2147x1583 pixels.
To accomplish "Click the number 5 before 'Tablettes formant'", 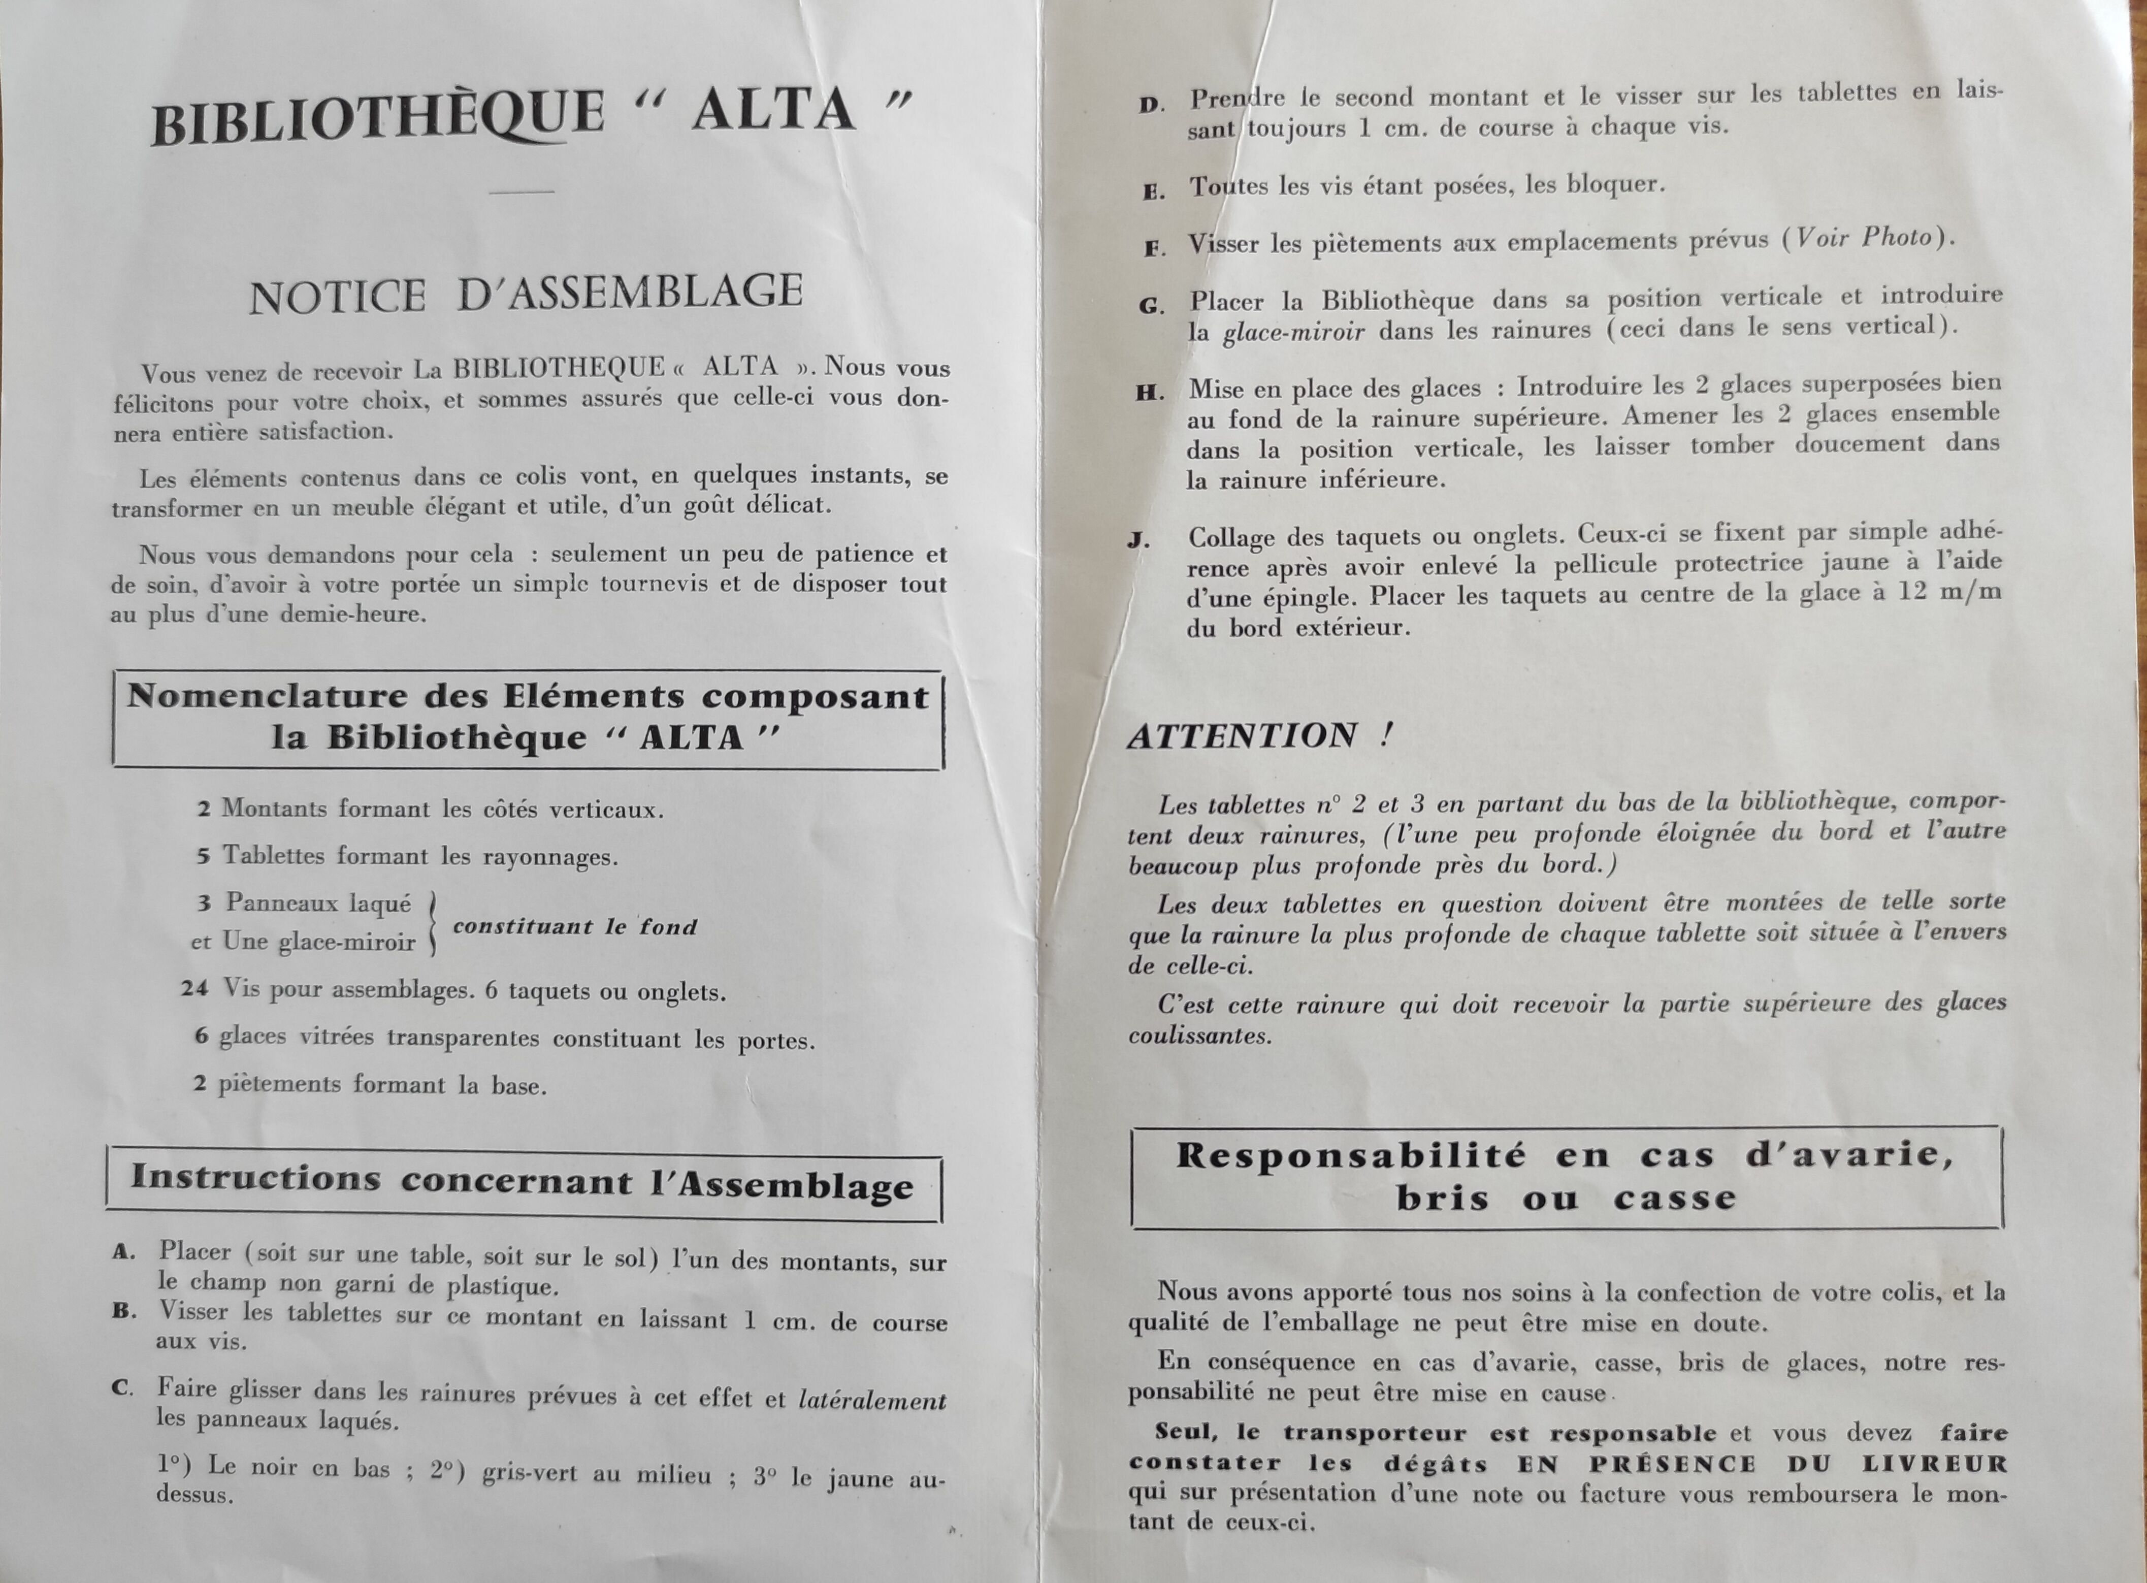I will pyautogui.click(x=203, y=856).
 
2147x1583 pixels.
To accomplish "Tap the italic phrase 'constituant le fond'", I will pyautogui.click(x=575, y=927).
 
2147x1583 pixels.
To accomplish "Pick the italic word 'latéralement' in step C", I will pyautogui.click(x=872, y=1400).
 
